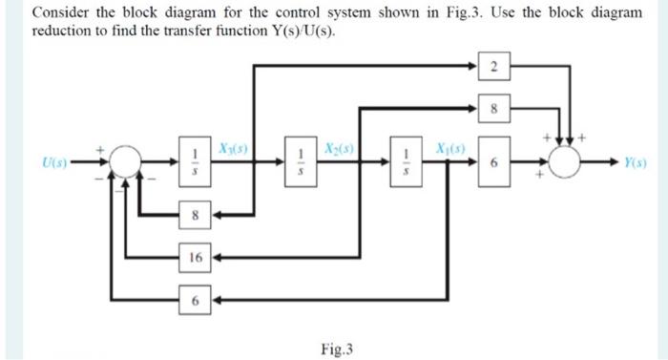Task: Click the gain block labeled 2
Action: [493, 67]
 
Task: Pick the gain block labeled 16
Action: [195, 257]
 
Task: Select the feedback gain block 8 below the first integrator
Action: [195, 216]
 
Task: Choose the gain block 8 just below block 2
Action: [493, 109]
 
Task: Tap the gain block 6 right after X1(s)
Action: [493, 164]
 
